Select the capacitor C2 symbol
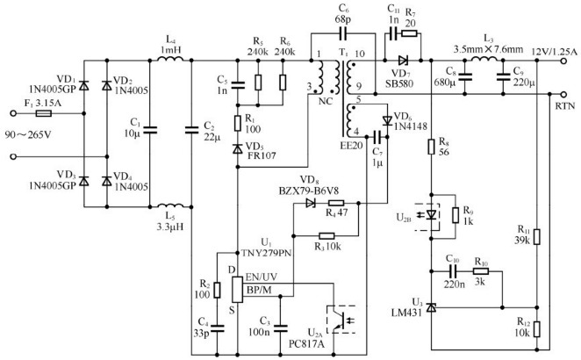pyautogui.click(x=192, y=132)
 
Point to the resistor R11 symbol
pyautogui.click(x=536, y=238)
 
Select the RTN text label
pyautogui.click(x=563, y=104)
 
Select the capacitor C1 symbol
pyautogui.click(x=148, y=132)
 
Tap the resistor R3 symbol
pyautogui.click(x=326, y=234)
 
